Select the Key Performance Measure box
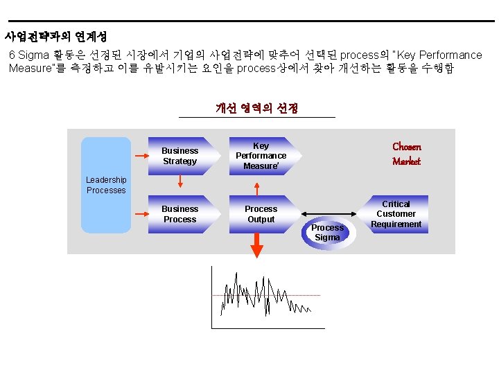261,156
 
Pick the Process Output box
261,214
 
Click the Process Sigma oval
328,232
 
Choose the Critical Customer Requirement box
396,214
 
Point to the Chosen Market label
406,154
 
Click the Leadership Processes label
106,185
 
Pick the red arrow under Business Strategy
180,181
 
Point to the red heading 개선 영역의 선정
256,108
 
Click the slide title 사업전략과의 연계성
55,36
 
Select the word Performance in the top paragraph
450,55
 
